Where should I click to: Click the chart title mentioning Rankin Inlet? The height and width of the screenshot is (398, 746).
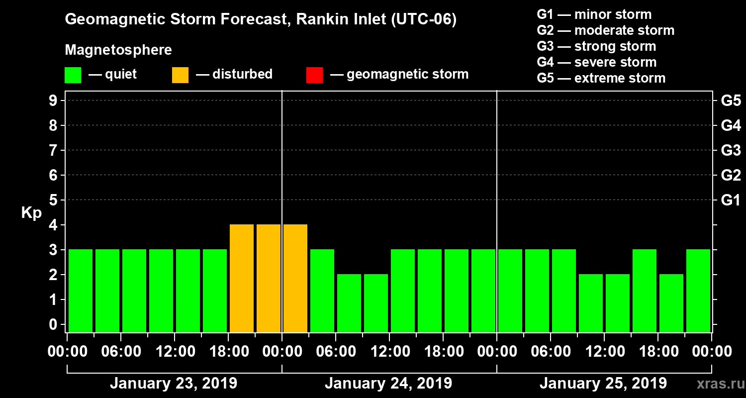(x=261, y=19)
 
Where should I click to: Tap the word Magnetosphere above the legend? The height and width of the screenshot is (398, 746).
(x=118, y=50)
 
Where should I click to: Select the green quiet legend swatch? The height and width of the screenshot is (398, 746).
(x=73, y=75)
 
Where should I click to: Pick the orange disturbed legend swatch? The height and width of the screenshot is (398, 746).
(x=180, y=75)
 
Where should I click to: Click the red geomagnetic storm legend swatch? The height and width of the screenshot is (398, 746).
(x=314, y=75)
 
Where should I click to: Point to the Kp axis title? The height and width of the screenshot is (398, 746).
(x=31, y=212)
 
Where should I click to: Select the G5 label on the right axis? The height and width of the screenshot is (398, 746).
(x=731, y=100)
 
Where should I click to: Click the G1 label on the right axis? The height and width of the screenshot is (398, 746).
(x=731, y=200)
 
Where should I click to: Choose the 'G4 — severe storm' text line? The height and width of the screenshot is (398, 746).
(x=596, y=62)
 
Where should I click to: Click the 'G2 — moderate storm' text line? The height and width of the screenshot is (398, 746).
(x=605, y=30)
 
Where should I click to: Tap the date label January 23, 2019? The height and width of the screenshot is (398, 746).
(x=173, y=384)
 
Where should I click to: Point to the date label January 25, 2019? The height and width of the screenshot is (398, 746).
(x=603, y=384)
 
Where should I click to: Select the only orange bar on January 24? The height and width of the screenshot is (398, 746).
(x=295, y=279)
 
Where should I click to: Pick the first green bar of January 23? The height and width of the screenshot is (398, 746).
(x=81, y=291)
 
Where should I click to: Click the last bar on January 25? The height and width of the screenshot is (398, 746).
(x=698, y=291)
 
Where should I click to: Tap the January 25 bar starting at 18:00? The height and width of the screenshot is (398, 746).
(x=671, y=303)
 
